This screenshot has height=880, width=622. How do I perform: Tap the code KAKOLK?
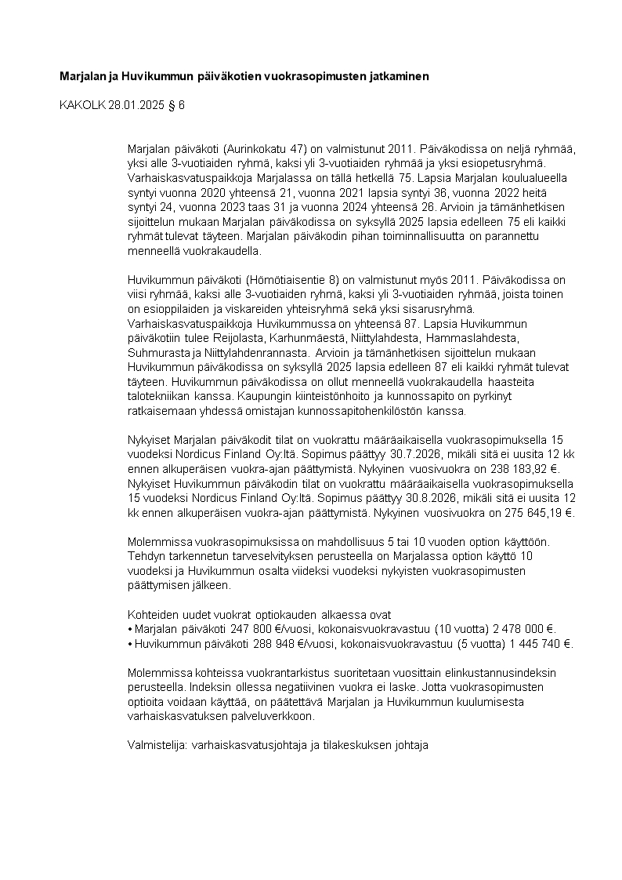tap(81, 104)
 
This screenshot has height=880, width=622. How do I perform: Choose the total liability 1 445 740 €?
tap(538, 643)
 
